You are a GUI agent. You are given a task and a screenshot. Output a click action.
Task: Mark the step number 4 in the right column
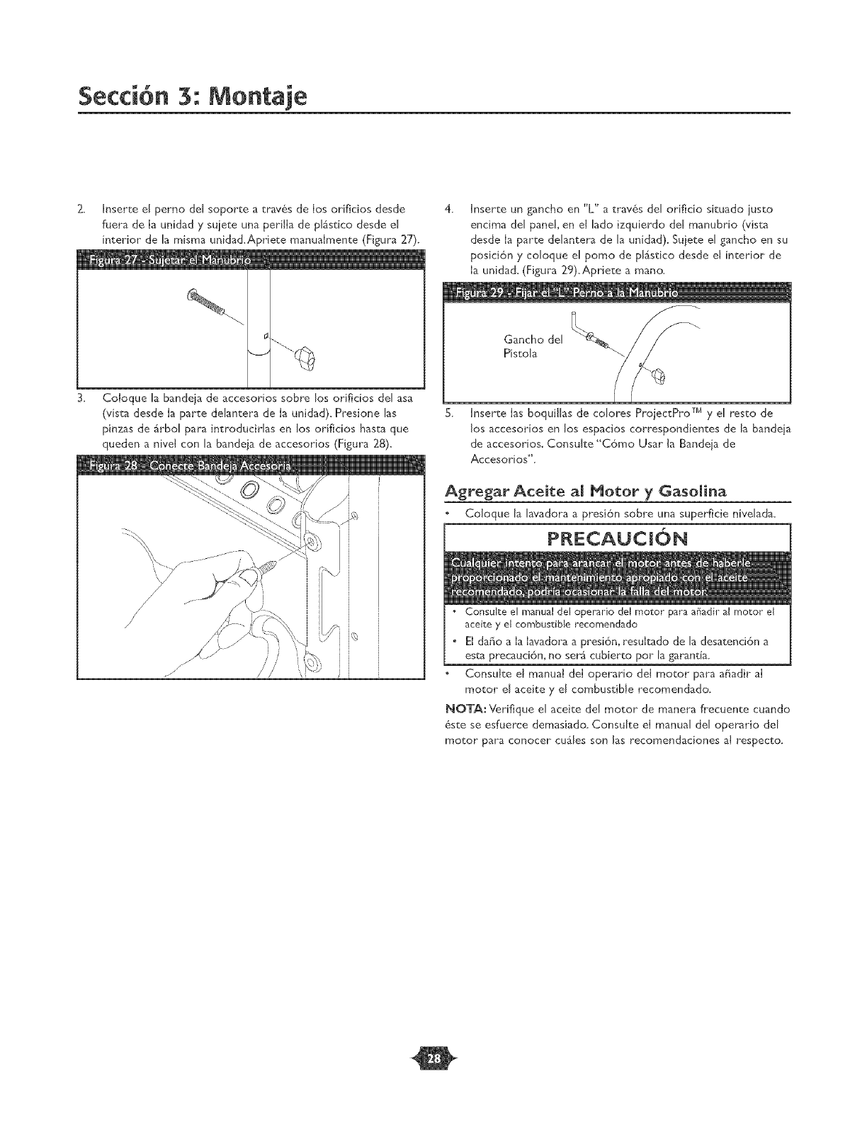(x=448, y=210)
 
